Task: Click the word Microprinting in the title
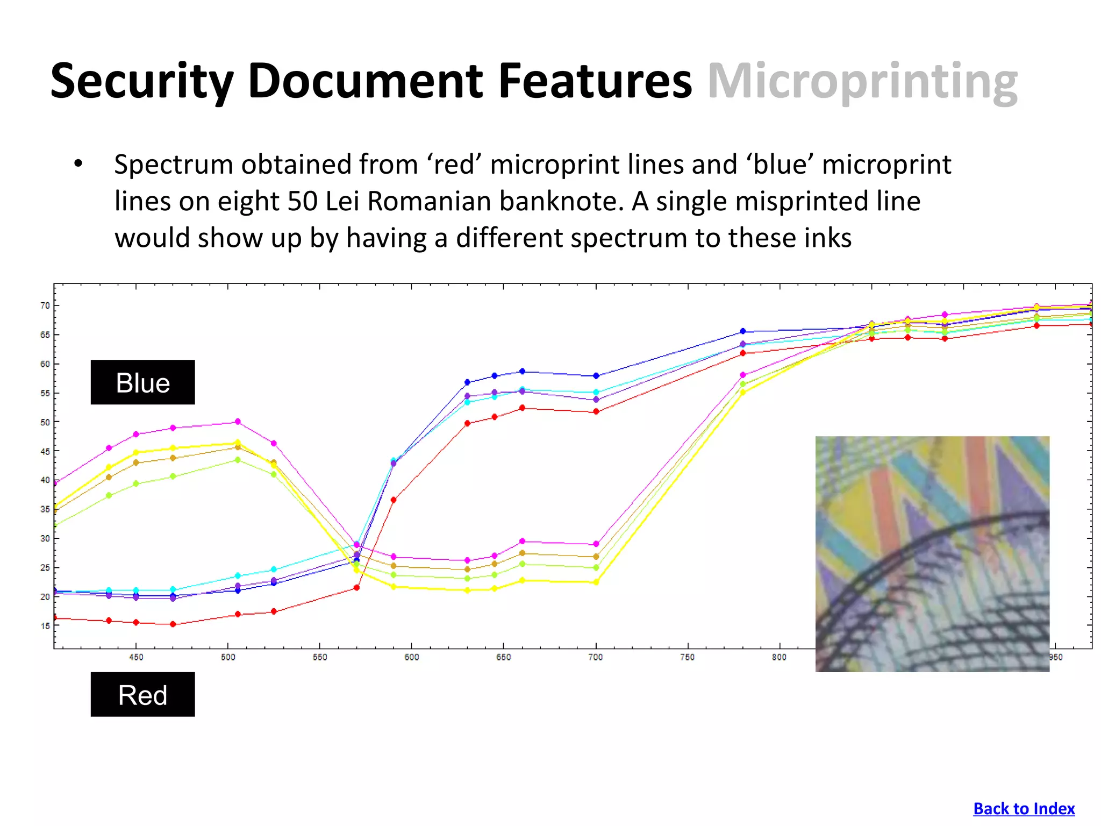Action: click(x=862, y=82)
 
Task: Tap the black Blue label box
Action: click(x=142, y=382)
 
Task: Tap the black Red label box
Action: click(x=142, y=694)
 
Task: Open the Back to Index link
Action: click(x=1024, y=808)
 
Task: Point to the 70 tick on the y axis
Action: click(x=45, y=305)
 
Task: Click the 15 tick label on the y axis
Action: click(x=45, y=625)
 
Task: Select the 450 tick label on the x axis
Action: click(x=136, y=657)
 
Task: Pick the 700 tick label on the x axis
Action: click(x=595, y=657)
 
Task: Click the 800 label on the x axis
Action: click(x=779, y=657)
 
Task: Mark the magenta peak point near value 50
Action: click(x=238, y=422)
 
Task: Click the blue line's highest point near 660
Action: click(x=522, y=372)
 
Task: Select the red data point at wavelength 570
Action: click(x=356, y=588)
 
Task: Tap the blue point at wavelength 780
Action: click(x=743, y=331)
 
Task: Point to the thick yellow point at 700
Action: click(x=596, y=582)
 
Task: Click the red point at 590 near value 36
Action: click(x=394, y=500)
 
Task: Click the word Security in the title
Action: click(x=142, y=82)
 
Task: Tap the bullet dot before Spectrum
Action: click(x=78, y=164)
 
